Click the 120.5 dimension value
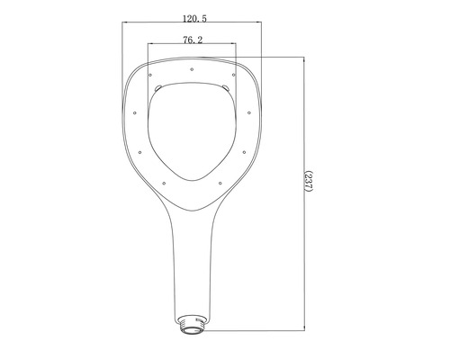coord(191,18)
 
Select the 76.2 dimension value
coord(191,40)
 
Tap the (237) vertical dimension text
coord(309,187)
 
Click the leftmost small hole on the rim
coord(133,114)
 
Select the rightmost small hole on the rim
coord(249,114)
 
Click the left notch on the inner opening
coord(158,87)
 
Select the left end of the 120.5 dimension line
coord(123,24)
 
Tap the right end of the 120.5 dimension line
coord(260,24)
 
